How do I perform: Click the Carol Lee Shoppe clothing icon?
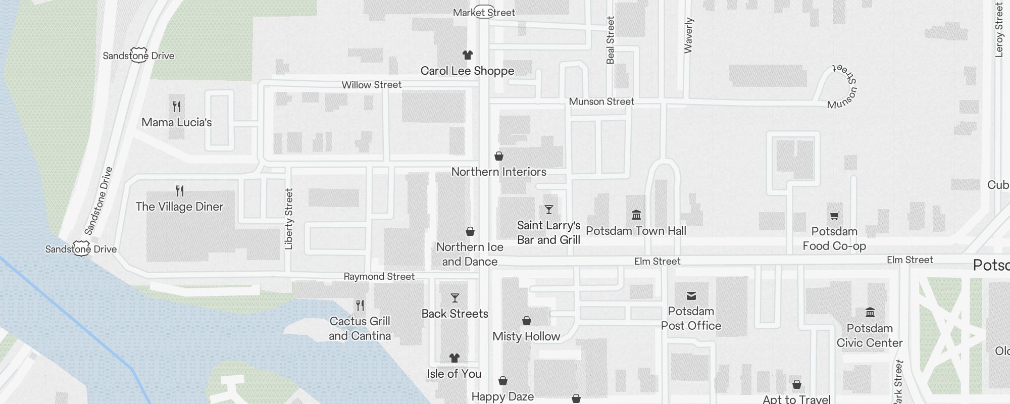point(467,55)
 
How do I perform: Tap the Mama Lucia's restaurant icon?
point(177,107)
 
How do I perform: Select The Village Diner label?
point(179,207)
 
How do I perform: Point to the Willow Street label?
point(372,85)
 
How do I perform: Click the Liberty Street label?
point(289,219)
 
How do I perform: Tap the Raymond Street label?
point(379,276)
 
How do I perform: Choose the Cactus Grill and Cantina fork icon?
point(360,306)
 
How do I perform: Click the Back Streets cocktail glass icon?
point(455,298)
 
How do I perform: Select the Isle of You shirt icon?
point(454,358)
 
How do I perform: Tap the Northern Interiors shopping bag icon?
point(499,156)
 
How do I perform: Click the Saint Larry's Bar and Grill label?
point(548,233)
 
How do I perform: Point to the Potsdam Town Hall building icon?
point(636,215)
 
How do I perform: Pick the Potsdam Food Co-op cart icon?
point(834,216)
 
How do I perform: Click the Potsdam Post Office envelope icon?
point(691,295)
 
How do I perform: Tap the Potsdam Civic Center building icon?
point(870,312)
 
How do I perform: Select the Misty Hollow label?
point(526,336)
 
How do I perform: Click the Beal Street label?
point(610,40)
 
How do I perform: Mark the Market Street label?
point(484,13)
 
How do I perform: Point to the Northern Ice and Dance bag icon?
point(470,231)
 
